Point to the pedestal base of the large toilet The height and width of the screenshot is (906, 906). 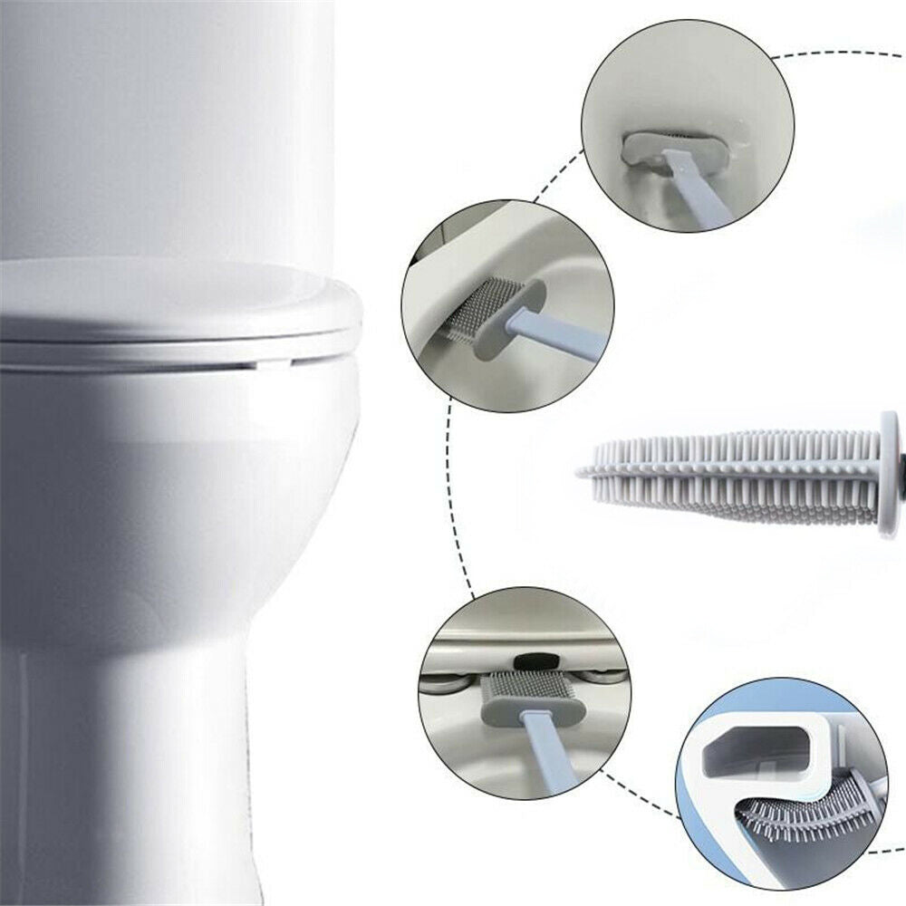[136, 770]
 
